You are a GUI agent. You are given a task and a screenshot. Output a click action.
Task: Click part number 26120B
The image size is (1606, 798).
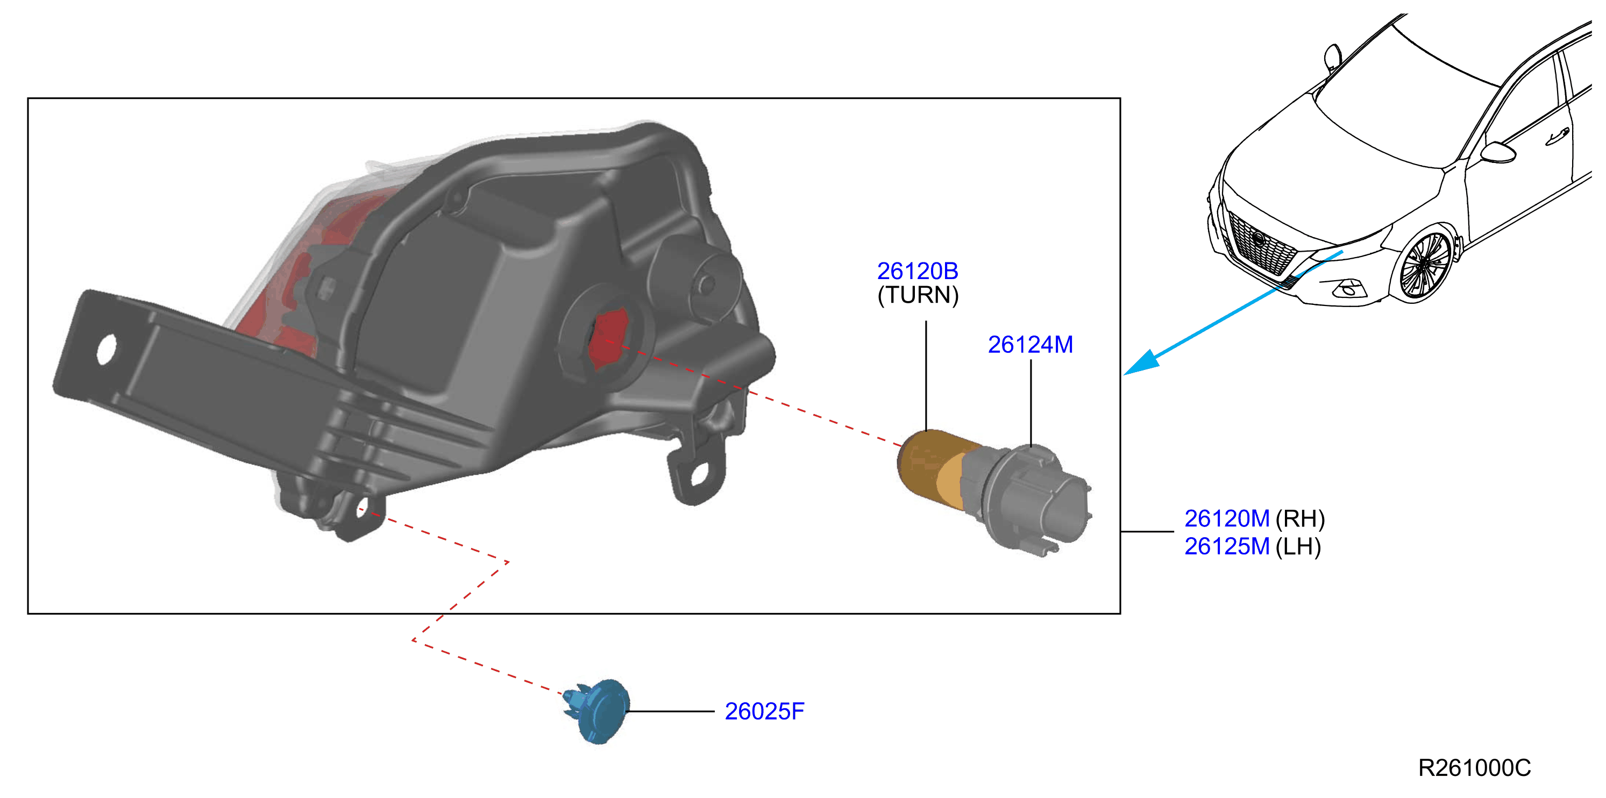(917, 271)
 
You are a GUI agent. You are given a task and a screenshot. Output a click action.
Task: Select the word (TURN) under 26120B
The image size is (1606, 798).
(918, 295)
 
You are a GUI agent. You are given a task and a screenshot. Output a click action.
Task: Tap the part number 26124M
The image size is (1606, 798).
(1030, 345)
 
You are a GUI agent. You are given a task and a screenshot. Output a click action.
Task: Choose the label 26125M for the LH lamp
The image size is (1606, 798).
(1226, 547)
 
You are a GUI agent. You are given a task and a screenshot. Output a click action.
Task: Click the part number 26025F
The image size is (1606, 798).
(764, 711)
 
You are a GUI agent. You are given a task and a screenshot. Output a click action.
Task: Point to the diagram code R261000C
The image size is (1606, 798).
(1474, 768)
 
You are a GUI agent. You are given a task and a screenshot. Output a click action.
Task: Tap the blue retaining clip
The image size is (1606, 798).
(597, 711)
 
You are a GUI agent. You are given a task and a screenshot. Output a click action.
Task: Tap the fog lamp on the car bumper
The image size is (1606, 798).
(1348, 289)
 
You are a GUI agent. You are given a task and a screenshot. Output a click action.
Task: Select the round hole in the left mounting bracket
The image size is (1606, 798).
(106, 349)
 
